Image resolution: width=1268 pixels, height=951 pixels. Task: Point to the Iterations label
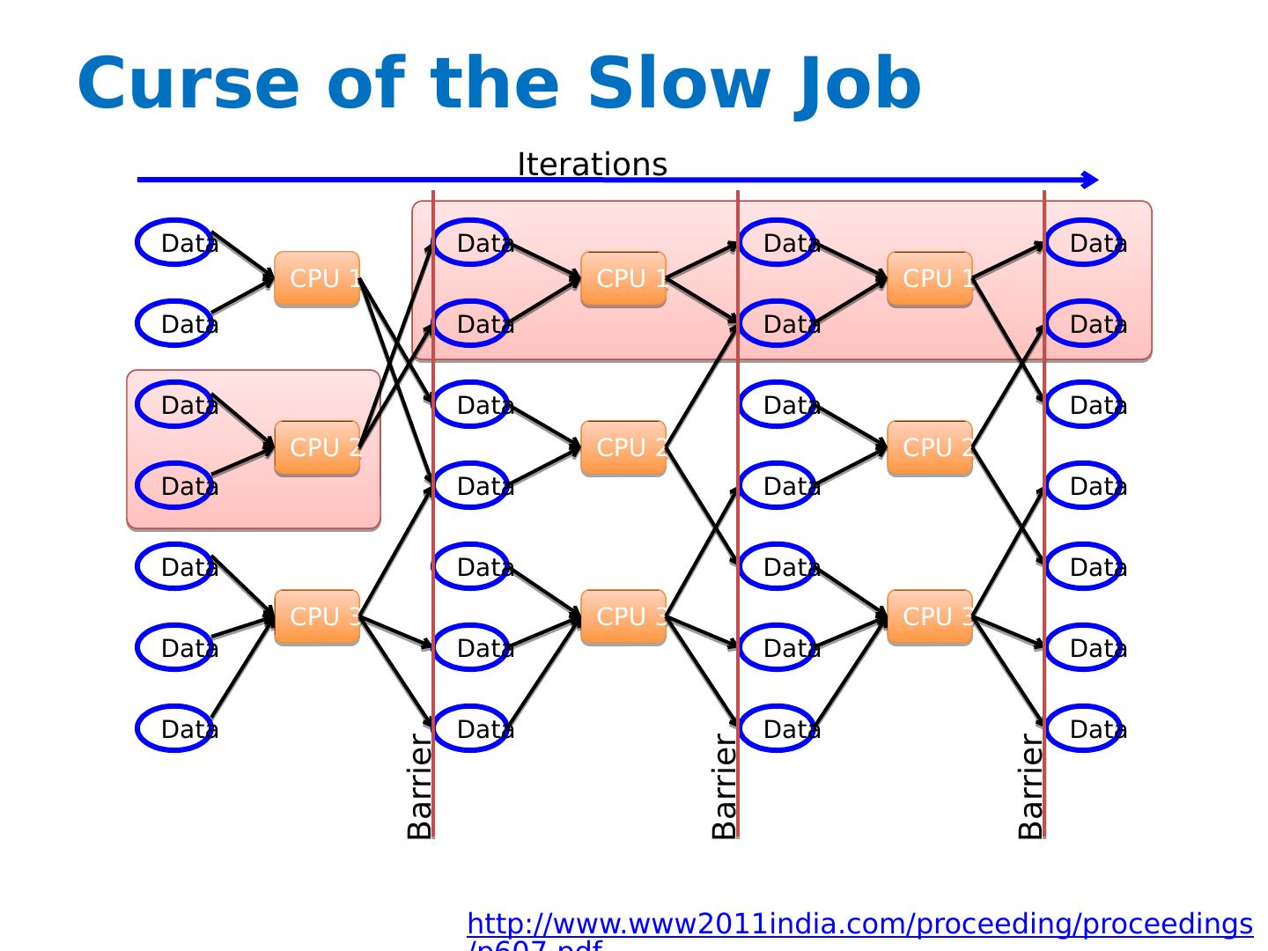[592, 165]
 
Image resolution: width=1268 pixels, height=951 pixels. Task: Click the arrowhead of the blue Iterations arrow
[1091, 180]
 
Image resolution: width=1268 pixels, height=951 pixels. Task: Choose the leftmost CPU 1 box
[317, 279]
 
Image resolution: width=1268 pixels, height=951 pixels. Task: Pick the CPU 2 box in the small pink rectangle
[317, 448]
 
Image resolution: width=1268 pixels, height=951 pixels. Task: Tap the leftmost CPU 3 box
[317, 617]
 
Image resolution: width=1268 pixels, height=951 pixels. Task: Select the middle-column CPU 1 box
[623, 279]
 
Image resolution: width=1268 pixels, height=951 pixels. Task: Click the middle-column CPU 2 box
[623, 448]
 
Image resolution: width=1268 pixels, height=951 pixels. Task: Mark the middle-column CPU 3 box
[623, 617]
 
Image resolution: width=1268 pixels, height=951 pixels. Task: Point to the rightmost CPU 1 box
[930, 279]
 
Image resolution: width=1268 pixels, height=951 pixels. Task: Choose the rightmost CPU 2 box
[930, 448]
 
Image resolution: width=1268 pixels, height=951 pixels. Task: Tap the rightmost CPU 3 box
[930, 617]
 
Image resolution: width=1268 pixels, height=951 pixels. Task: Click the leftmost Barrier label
[420, 786]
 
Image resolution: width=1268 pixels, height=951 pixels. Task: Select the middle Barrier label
[724, 786]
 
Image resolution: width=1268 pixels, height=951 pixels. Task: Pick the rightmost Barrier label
[1029, 786]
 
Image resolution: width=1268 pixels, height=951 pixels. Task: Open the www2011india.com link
[859, 925]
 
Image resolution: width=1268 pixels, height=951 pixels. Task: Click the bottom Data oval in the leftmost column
[174, 728]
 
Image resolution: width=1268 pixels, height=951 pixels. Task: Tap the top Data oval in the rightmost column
[1083, 242]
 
